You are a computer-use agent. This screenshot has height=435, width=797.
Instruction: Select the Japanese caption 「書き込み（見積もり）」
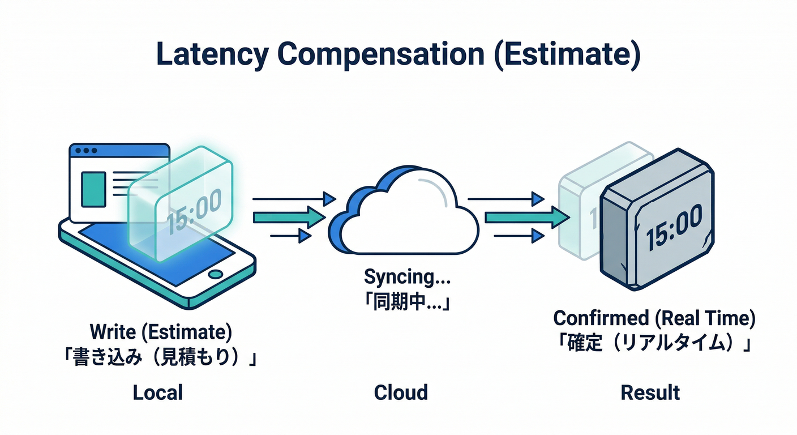[x=161, y=359]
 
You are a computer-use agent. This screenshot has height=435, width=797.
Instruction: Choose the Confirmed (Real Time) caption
[x=654, y=318]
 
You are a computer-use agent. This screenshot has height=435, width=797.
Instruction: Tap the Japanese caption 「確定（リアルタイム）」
[x=654, y=343]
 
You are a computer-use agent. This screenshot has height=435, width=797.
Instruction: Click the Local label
[x=158, y=393]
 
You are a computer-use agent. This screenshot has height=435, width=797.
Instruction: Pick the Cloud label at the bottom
[x=401, y=393]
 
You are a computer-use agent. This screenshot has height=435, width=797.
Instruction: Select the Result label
[x=650, y=393]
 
